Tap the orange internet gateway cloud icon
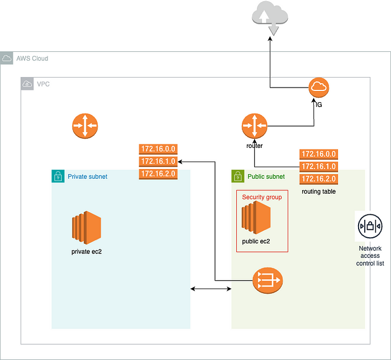click(x=319, y=88)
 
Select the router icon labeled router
click(x=255, y=126)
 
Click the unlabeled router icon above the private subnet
click(x=85, y=126)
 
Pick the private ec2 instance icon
click(x=86, y=228)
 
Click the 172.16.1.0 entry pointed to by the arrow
click(x=158, y=161)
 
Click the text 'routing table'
click(x=318, y=191)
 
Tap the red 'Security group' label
click(x=262, y=197)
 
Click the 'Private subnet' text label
click(x=88, y=176)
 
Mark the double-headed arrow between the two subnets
click(x=211, y=289)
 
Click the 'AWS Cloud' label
click(x=32, y=58)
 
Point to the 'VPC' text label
click(x=43, y=84)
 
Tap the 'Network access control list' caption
click(x=369, y=255)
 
